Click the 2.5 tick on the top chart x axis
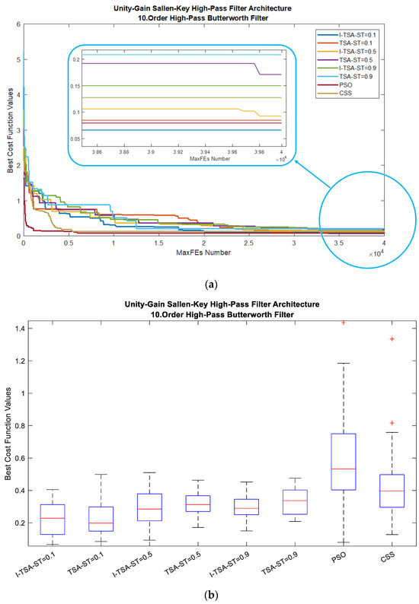tap(249, 243)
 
